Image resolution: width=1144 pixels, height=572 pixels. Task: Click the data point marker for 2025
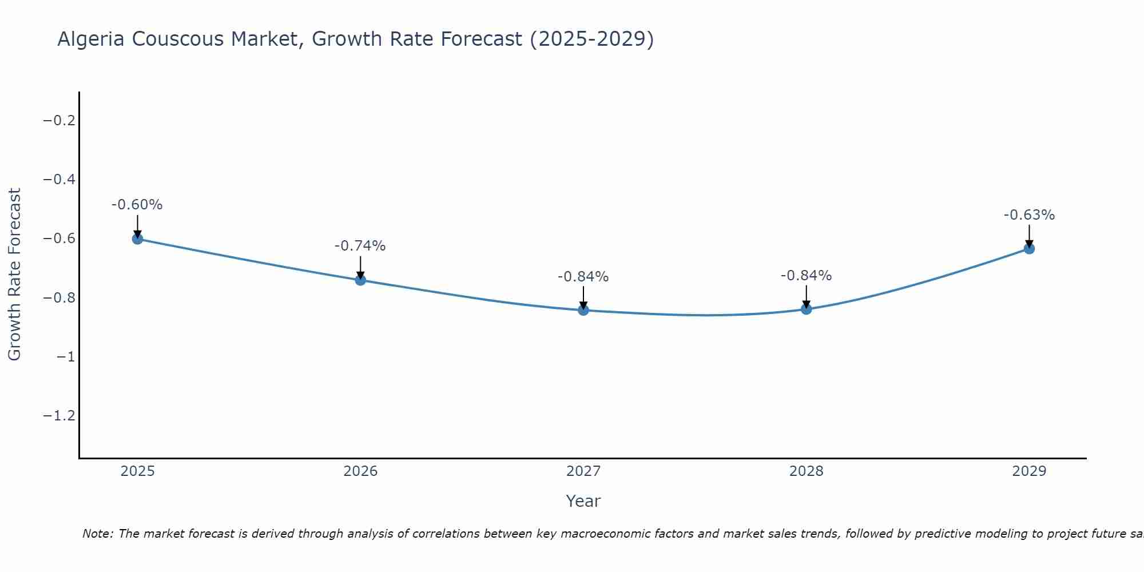137,239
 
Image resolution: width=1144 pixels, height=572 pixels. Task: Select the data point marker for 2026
360,280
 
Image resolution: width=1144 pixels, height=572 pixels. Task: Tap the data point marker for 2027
583,310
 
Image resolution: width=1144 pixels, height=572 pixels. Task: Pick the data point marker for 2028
807,309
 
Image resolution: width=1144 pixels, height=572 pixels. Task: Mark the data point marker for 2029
1029,248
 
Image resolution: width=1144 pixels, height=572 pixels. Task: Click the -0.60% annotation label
137,205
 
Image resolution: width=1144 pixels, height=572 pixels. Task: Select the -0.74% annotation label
360,246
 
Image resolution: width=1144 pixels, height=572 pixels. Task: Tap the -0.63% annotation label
1029,215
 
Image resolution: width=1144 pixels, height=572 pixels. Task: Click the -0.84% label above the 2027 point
583,277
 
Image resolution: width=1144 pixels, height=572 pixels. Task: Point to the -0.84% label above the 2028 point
807,276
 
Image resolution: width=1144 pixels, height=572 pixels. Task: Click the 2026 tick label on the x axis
360,471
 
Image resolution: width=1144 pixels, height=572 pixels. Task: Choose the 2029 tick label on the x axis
1029,471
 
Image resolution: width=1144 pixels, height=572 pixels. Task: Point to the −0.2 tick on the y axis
59,120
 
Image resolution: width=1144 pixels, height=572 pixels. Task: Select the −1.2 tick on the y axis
59,415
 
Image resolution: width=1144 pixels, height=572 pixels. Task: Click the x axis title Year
583,501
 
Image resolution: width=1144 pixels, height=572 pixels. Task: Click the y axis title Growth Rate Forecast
14,274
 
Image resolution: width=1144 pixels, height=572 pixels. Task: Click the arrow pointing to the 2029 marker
1029,235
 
